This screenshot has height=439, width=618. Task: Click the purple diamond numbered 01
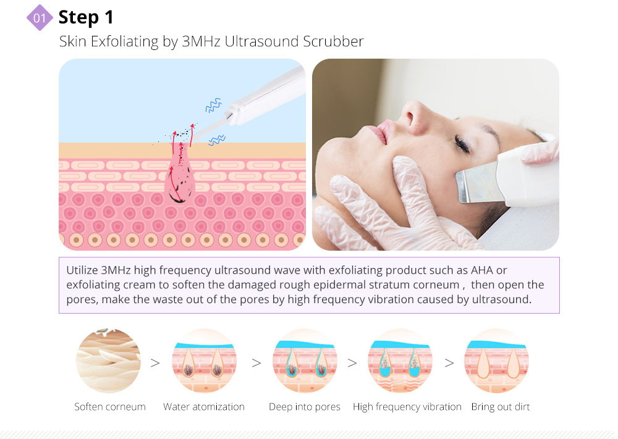point(40,18)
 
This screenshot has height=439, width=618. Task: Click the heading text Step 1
point(86,17)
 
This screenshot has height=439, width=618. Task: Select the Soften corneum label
point(110,407)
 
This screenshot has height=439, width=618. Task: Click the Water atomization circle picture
point(204,361)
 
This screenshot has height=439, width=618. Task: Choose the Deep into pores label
point(304,407)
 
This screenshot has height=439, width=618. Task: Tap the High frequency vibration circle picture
point(400,361)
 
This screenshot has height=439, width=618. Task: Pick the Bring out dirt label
point(501,407)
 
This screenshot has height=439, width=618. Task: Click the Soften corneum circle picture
point(108,361)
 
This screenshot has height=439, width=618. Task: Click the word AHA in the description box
point(482,270)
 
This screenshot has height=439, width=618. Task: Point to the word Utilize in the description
point(82,270)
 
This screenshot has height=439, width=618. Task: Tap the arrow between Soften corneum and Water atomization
point(155,362)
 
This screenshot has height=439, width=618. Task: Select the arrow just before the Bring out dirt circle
point(449,362)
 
